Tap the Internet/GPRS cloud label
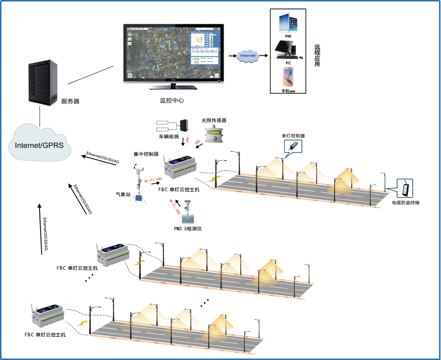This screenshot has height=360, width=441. click(40, 145)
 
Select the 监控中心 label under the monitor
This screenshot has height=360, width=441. click(172, 100)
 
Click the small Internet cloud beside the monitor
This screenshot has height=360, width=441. click(248, 56)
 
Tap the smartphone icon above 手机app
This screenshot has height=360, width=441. click(288, 78)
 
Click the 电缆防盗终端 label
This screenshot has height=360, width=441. click(405, 203)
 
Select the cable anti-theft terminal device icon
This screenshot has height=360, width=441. click(408, 188)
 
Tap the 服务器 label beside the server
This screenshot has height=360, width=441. click(71, 101)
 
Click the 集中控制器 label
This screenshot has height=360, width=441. click(146, 154)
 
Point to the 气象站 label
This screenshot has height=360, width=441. click(123, 195)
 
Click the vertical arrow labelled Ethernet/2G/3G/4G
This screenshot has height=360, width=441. click(40, 230)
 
